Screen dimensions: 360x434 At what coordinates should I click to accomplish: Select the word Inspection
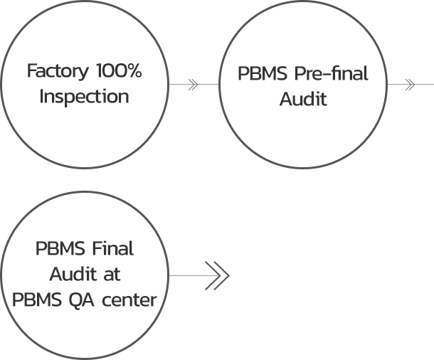(x=84, y=96)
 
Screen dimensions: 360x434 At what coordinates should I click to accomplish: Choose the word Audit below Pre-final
(x=303, y=99)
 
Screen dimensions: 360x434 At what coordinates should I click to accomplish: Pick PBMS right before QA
(x=36, y=300)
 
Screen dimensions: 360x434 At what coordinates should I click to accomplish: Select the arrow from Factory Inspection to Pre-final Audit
(x=193, y=84)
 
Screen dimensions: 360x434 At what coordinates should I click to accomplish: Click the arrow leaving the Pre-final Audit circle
(x=410, y=84)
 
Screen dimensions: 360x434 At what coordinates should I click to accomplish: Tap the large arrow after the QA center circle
(x=215, y=275)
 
